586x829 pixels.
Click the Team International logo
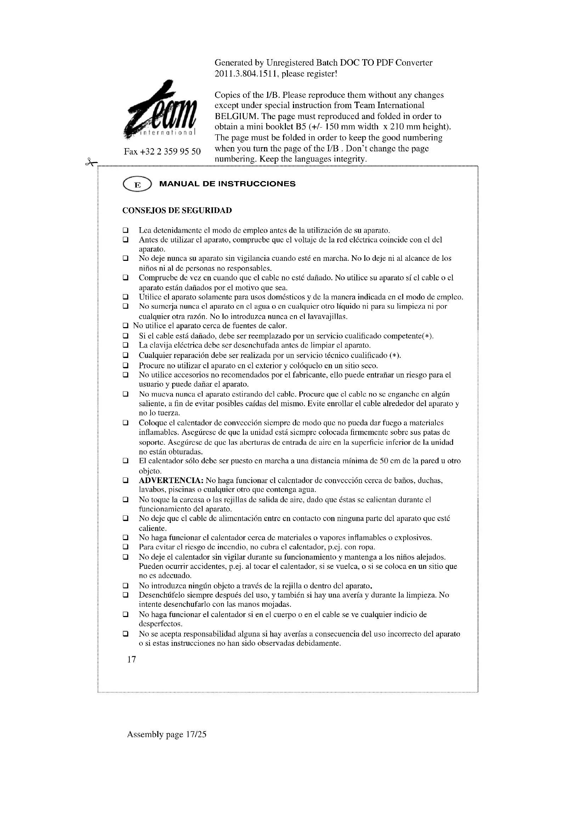pos(160,112)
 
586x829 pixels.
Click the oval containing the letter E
pos(137,185)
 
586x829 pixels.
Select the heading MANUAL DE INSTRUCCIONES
pos(227,184)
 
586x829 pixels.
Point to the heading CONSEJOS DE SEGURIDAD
pos(177,211)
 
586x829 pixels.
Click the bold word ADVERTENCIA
pos(171,481)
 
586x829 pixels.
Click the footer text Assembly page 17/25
pos(167,734)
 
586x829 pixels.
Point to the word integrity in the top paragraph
pos(349,159)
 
